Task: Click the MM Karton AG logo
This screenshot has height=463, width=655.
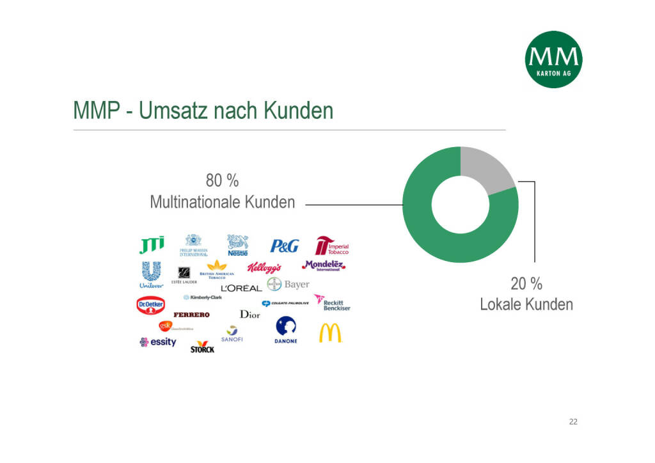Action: point(553,59)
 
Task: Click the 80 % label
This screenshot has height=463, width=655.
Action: point(222,180)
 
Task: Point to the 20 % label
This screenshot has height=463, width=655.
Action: point(526,283)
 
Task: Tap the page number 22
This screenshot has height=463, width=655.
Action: point(572,421)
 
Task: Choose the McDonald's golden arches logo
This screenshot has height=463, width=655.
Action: point(330,333)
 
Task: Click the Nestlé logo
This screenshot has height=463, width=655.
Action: point(238,245)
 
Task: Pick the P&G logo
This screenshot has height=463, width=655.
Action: point(284,246)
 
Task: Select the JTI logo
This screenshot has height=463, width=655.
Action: point(152,245)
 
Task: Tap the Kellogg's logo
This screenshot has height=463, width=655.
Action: point(264,267)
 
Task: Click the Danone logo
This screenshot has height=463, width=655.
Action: point(286,331)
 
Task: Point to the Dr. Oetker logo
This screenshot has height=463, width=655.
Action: point(151,305)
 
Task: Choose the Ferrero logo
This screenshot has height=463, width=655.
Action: point(191,315)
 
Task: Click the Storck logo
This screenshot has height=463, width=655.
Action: point(202,347)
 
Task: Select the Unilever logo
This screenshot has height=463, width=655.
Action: point(151,275)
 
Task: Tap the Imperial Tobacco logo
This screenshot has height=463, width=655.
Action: point(331,246)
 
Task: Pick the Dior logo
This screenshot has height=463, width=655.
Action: point(249,314)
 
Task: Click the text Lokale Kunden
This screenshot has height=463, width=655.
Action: point(526,304)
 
